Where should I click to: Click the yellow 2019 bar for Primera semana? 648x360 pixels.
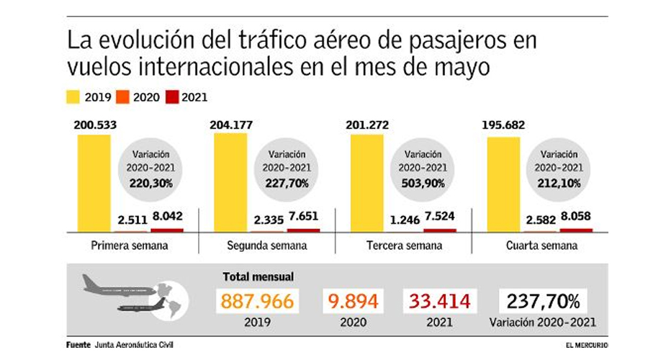(x=94, y=183)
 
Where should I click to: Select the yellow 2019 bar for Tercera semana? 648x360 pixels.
(x=366, y=183)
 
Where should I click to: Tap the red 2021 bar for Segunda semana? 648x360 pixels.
(x=303, y=230)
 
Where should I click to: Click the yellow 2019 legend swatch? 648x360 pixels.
(x=73, y=97)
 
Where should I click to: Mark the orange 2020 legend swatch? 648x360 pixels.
(x=123, y=97)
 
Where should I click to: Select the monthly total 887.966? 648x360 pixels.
(x=258, y=301)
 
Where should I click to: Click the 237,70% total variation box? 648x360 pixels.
(x=544, y=301)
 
